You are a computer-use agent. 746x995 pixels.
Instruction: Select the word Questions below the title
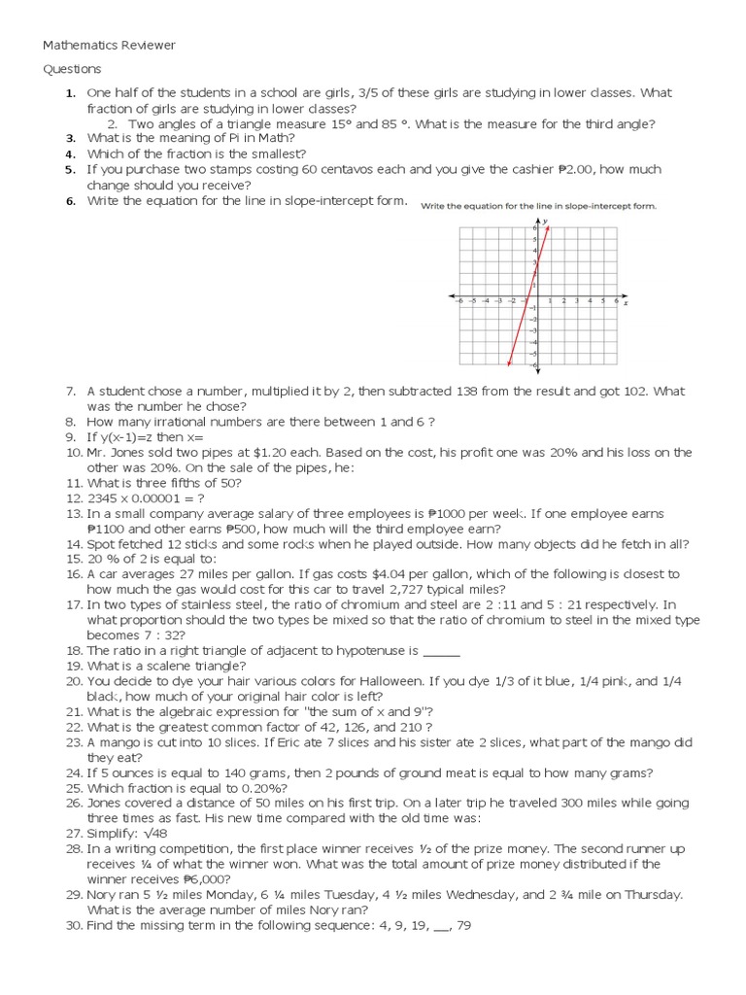click(72, 70)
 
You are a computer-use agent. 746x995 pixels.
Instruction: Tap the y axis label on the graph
click(546, 222)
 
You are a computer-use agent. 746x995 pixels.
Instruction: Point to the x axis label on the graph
click(626, 303)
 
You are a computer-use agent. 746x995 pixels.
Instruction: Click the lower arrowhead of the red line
click(509, 364)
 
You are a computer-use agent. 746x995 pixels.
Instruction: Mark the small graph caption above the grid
click(538, 206)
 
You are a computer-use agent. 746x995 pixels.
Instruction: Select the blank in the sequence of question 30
click(426, 926)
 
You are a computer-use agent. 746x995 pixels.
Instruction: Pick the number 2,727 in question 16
click(412, 590)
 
